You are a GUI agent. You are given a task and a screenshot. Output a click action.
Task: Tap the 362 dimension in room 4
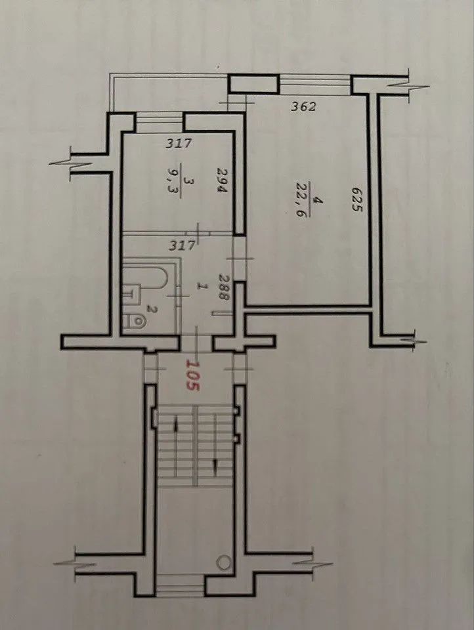304,107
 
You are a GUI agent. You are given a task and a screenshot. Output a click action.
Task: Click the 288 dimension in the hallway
223,287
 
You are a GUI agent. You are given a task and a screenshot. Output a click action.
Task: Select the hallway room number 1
203,286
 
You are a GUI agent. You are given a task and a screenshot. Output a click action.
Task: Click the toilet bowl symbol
136,322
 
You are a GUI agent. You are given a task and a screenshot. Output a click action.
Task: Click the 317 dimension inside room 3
179,143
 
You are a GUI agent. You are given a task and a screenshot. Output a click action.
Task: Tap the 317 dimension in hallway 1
182,245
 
